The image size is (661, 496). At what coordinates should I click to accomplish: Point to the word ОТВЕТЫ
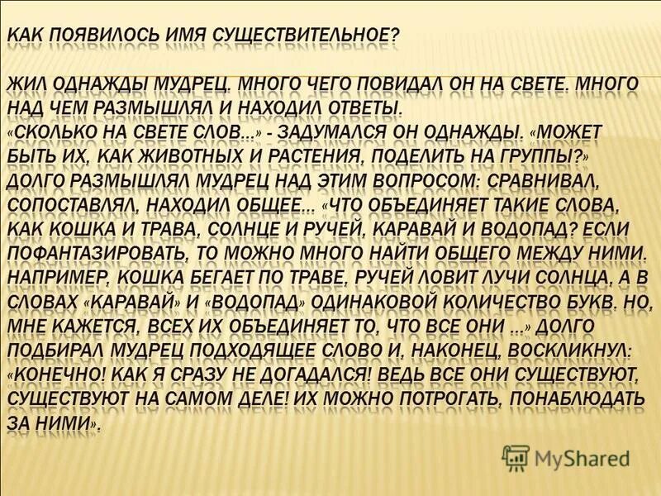358,108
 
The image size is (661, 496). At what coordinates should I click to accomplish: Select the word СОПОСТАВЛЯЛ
82,204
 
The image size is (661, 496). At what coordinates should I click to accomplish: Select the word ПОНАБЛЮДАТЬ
569,398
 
